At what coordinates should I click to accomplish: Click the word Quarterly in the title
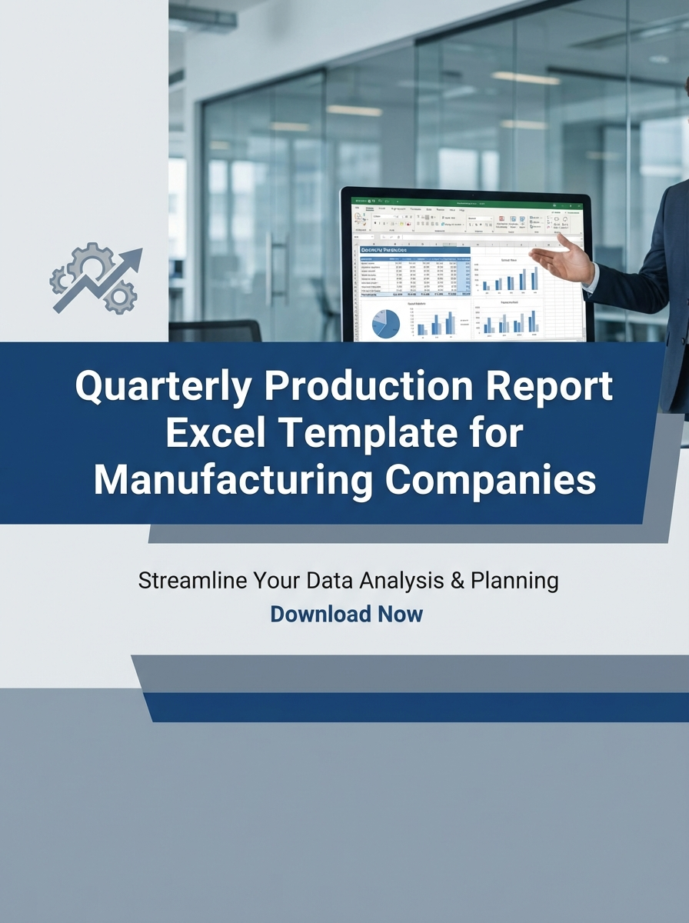coord(162,387)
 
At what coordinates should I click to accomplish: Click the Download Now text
coord(346,614)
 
